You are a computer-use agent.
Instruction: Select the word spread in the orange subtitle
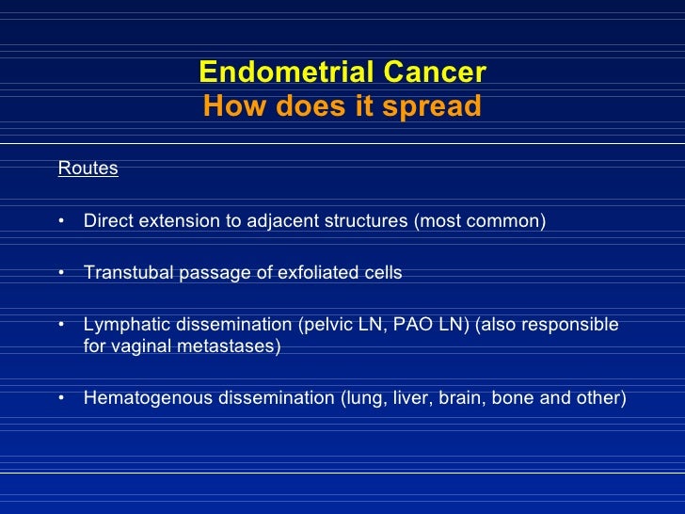[x=432, y=106]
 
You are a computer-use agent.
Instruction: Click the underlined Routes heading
[x=88, y=169]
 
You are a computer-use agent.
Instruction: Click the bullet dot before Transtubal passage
[x=60, y=273]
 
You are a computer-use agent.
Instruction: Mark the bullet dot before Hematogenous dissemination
[x=60, y=398]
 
